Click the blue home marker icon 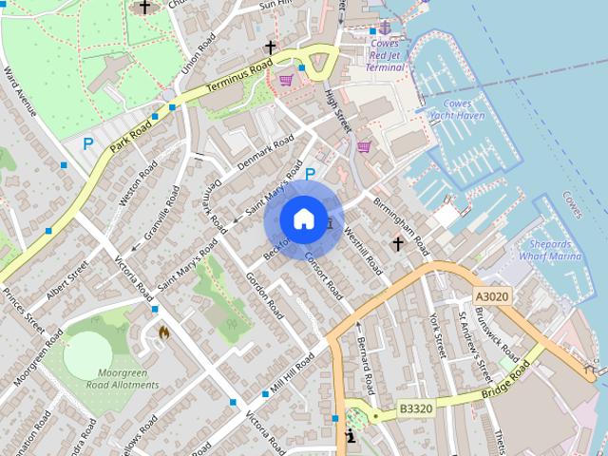click(x=303, y=219)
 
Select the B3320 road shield click(x=415, y=408)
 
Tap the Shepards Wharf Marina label click(x=550, y=250)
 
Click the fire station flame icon click(x=163, y=332)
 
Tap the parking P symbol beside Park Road click(x=88, y=144)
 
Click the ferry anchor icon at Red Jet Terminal click(x=384, y=28)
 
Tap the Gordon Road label click(x=264, y=295)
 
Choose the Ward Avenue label click(x=19, y=91)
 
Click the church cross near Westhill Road click(x=398, y=244)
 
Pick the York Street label click(x=438, y=335)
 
